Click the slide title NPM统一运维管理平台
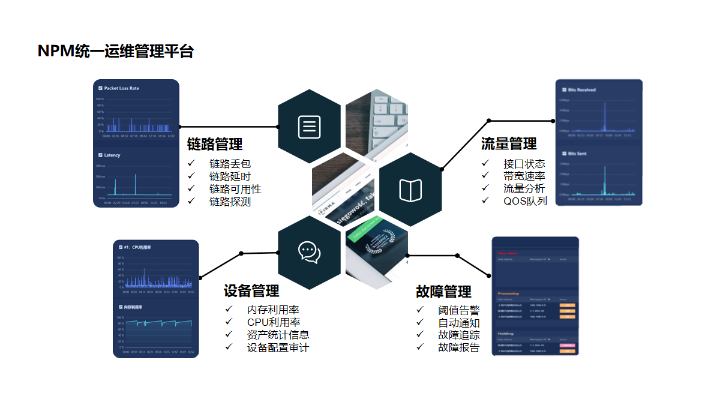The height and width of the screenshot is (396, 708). tap(116, 52)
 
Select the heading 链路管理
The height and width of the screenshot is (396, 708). tap(215, 144)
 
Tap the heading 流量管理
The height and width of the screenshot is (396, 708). tap(509, 144)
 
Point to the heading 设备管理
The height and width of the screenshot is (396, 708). tap(251, 291)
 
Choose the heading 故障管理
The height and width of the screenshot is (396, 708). tap(443, 292)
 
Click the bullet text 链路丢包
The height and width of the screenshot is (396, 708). tap(230, 164)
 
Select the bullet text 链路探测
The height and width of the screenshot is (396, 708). tap(230, 202)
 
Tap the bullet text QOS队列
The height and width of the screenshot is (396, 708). tap(525, 201)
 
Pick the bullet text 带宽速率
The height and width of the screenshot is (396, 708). tap(524, 176)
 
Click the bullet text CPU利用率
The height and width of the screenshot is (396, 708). tap(274, 322)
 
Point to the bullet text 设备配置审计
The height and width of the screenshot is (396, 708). tap(278, 347)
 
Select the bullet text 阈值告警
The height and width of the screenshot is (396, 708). tap(459, 310)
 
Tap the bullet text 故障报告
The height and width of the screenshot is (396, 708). tap(459, 347)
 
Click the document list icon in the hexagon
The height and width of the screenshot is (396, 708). tap(310, 127)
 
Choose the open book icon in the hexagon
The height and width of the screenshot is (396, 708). tap(410, 190)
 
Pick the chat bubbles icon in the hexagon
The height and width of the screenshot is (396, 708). tap(310, 252)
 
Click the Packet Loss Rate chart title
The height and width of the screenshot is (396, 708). tap(121, 88)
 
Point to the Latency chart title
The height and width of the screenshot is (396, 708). tap(112, 155)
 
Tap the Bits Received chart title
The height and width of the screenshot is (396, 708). tap(581, 90)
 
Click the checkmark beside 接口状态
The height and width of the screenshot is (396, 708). tap(485, 163)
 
